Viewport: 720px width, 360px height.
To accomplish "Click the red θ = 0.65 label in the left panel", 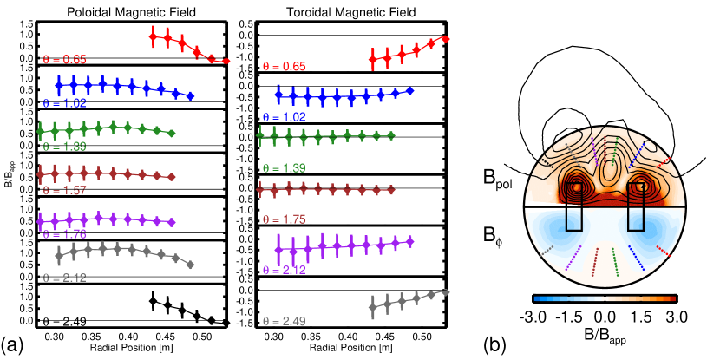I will click(64, 60).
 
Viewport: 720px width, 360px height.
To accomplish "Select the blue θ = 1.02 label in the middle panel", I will click(284, 117).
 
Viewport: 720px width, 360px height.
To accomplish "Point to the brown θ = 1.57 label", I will click(64, 191).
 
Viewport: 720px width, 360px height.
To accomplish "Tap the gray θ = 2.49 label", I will click(284, 322).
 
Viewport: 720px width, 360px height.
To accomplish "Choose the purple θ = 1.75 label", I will click(64, 235).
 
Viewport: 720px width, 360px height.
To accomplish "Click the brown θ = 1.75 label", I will click(284, 220).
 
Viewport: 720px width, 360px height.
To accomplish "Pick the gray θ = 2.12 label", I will click(64, 278).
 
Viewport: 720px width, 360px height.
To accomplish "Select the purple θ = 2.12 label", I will click(284, 271).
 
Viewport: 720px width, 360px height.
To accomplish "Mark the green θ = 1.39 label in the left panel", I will click(64, 147).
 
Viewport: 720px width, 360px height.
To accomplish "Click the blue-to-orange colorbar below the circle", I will click(605, 298).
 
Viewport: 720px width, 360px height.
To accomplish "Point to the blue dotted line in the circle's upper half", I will click(636, 155).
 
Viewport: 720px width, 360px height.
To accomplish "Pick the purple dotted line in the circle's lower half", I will click(573, 258).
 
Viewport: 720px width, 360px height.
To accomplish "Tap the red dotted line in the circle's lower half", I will click(663, 251).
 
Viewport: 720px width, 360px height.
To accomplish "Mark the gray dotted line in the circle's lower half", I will click(546, 251).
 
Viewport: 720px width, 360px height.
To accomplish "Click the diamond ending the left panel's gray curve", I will click(190, 265).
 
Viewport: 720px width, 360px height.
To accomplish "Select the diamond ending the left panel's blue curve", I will click(191, 96).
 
